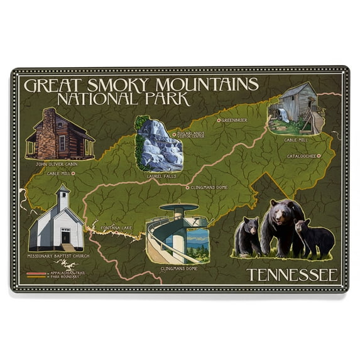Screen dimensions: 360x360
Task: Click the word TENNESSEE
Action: pos(292,275)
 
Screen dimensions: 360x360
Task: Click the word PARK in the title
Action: pos(166,98)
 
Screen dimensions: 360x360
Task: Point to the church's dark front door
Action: pos(65,236)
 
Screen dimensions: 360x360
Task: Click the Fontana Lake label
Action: pos(117,227)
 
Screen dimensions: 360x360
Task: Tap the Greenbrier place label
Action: pos(236,119)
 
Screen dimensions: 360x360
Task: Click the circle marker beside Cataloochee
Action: pos(319,155)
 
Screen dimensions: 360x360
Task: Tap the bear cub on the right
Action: pos(314,237)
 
